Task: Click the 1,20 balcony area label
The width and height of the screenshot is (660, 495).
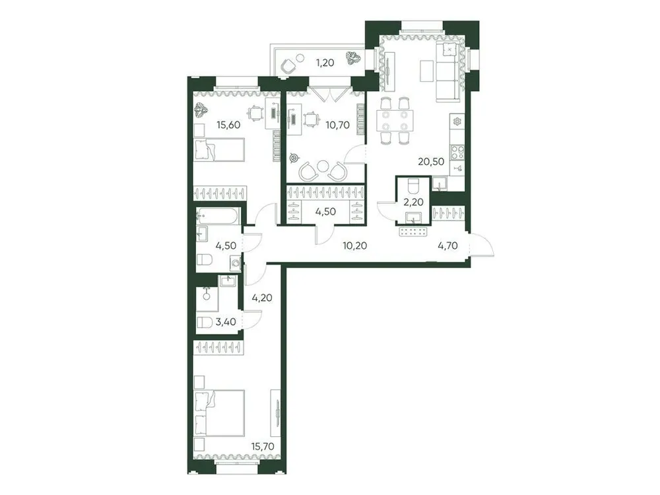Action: [323, 64]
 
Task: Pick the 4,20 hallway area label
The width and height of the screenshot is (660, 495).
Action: [262, 297]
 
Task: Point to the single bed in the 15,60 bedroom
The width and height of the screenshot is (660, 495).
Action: [220, 149]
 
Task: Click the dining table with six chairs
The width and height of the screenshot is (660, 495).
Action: [395, 120]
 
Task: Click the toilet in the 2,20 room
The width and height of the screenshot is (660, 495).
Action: [413, 184]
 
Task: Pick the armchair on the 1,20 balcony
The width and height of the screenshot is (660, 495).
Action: [288, 65]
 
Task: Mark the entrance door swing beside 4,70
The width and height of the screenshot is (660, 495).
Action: [484, 247]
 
